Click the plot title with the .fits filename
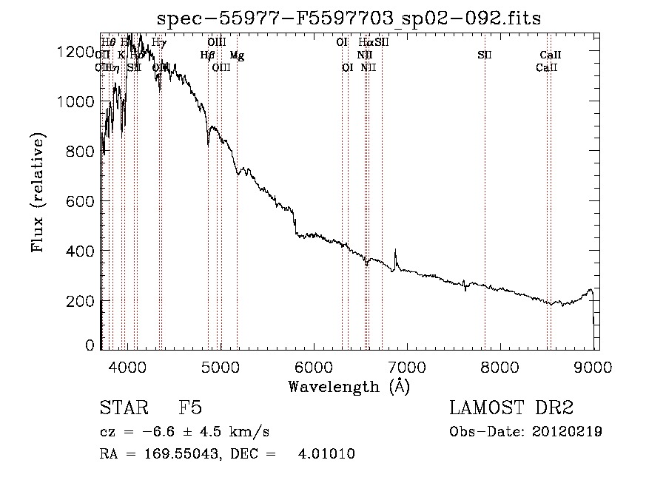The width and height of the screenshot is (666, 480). tap(350, 19)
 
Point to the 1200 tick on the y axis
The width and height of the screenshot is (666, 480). tap(79, 52)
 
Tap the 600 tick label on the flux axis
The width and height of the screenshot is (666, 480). tap(79, 201)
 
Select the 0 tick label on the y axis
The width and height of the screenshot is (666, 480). tap(90, 345)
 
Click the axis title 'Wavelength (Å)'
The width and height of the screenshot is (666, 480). tap(349, 386)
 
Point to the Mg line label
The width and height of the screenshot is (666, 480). tap(236, 55)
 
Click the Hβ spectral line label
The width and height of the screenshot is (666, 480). tap(207, 55)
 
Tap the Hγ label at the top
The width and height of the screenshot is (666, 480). tap(159, 43)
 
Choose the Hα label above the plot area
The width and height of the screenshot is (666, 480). tap(366, 43)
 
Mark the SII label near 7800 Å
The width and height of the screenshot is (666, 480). tap(485, 55)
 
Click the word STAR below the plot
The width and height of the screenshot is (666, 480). tap(121, 409)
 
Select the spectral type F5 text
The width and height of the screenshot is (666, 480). tap(189, 409)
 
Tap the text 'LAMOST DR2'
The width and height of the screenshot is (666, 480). tap(512, 409)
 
